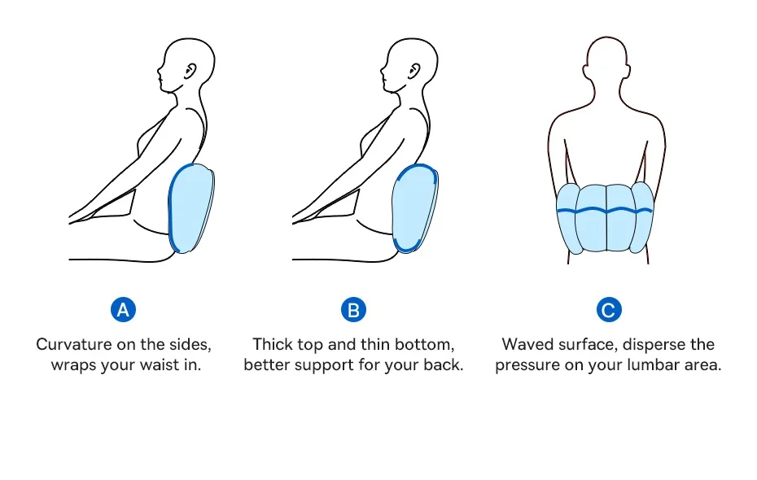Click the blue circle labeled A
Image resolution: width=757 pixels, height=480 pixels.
[x=123, y=309]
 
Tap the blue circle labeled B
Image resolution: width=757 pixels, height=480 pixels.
[x=353, y=309]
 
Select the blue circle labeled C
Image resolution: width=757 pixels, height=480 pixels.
[x=608, y=309]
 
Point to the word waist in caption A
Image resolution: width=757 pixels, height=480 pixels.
[x=157, y=364]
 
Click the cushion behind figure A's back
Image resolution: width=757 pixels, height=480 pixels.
[x=192, y=208]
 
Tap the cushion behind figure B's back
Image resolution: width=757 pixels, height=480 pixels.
[x=415, y=208]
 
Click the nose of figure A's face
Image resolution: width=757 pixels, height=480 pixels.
[x=160, y=81]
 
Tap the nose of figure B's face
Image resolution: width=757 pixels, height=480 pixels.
[x=383, y=81]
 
